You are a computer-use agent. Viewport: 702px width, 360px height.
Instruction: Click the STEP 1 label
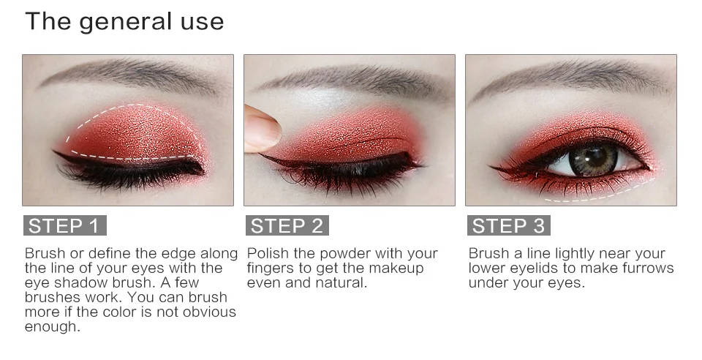(x=65, y=225)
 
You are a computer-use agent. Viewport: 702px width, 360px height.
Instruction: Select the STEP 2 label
(x=287, y=225)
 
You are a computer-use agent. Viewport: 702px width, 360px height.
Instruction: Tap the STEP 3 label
(x=509, y=225)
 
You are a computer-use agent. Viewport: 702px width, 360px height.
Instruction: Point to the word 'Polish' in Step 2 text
(x=268, y=253)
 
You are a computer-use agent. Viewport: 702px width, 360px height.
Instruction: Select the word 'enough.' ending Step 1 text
(x=53, y=327)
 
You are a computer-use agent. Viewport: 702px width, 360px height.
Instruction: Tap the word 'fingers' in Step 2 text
(x=270, y=269)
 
